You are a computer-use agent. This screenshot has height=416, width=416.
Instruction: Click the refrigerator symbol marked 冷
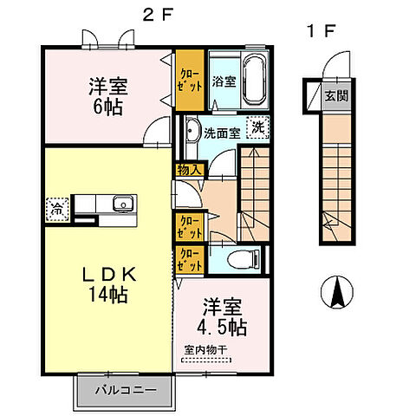[55, 208]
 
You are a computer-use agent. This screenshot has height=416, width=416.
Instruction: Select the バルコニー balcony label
[126, 390]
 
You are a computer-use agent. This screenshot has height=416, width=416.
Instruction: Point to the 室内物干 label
[205, 350]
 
